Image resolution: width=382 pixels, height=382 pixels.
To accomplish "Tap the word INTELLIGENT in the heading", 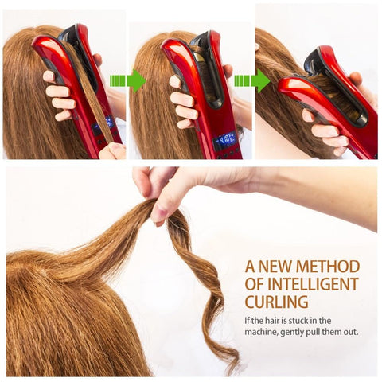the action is point(314,284).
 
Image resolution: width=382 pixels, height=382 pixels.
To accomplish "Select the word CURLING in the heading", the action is point(276,302).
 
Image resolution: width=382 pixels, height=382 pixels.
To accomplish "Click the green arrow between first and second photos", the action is point(128,80).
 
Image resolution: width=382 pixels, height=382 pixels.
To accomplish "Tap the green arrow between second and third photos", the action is point(252,80).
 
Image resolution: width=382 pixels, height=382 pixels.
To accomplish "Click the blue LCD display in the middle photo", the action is point(224,139).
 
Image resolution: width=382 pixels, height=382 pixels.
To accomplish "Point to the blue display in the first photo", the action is point(102,124).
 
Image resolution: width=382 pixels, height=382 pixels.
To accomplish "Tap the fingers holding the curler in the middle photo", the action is point(184,102).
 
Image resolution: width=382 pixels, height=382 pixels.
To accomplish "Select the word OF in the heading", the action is point(254,284).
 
